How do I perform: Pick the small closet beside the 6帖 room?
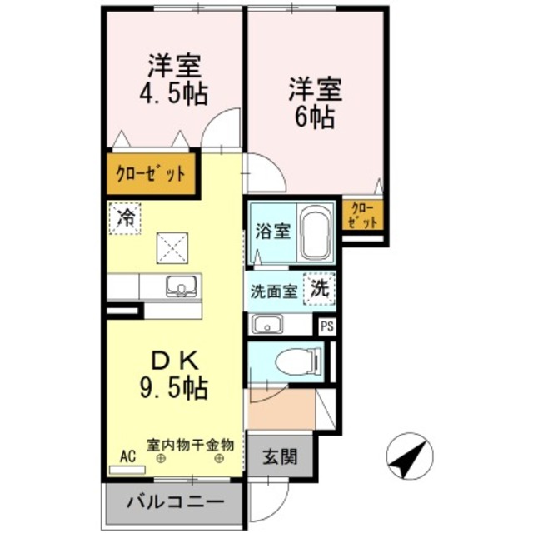(363, 216)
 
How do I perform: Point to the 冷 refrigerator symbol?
(126, 218)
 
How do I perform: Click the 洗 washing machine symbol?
(320, 289)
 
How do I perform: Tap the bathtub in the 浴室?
(315, 231)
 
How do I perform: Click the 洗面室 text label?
(274, 292)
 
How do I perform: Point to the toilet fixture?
(296, 361)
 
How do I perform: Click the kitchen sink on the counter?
(180, 287)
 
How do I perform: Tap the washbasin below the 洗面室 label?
(268, 325)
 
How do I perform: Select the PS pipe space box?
(326, 326)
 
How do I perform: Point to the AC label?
(127, 456)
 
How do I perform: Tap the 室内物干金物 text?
(191, 444)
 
